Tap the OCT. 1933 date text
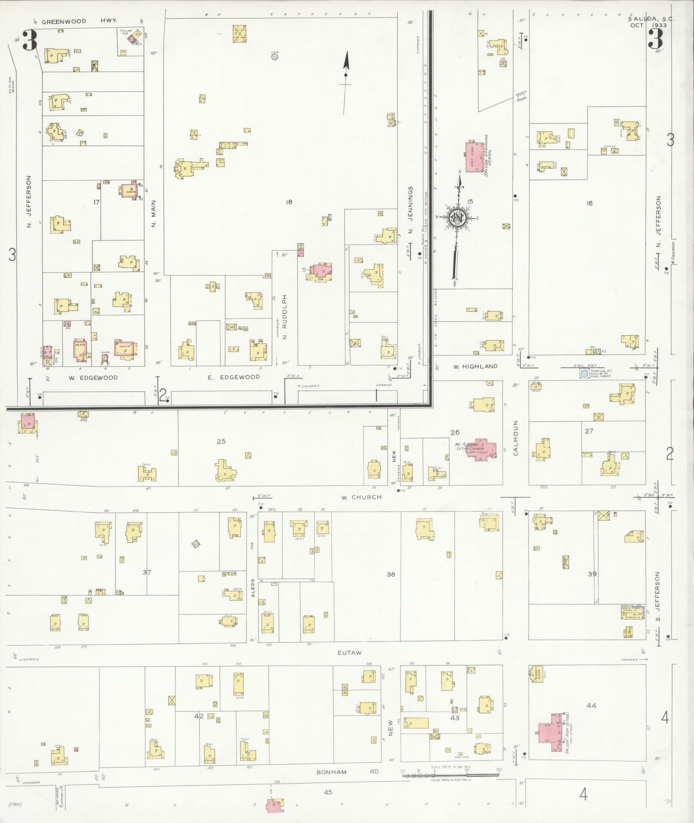point(648,25)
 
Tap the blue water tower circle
point(584,374)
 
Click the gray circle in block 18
point(275,56)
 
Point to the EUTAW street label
point(349,653)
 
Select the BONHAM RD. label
point(349,772)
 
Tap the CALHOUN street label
point(516,438)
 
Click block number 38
point(390,574)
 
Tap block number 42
point(199,716)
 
